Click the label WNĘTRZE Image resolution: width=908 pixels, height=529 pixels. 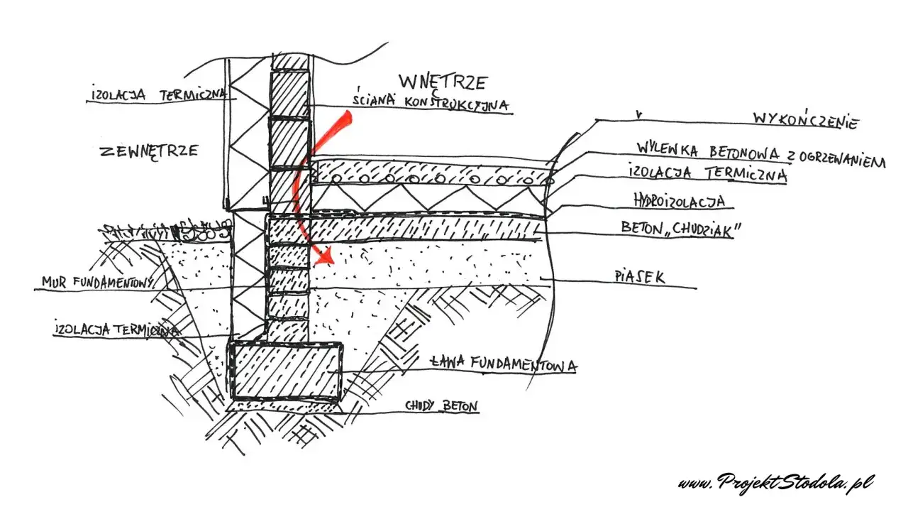click(443, 81)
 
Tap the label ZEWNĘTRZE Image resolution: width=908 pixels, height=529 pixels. click(149, 151)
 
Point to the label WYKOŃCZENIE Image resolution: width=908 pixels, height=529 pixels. click(804, 120)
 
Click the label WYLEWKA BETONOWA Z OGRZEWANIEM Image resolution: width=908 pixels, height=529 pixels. click(759, 155)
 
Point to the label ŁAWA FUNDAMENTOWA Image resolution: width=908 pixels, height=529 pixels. click(503, 364)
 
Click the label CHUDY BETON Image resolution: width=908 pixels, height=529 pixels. click(441, 406)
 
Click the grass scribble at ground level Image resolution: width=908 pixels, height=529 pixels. click(167, 231)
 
